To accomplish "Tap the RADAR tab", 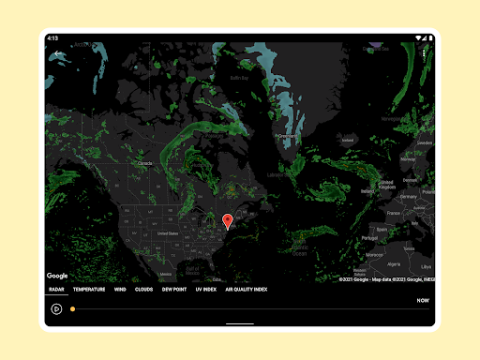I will coord(57,290).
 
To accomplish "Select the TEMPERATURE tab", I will coord(90,290).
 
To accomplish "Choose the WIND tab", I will coord(120,290).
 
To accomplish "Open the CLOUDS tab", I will coord(143,290).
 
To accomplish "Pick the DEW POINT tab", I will coord(173,290).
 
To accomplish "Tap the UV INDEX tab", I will coord(205,290).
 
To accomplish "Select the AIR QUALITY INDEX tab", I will coord(246,290).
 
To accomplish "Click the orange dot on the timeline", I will coord(72,308).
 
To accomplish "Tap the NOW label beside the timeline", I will coord(423,301).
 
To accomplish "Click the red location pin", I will coord(227,221).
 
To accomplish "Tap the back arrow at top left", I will coord(57,54).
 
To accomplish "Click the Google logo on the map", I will coord(57,276).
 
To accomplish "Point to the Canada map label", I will coord(144,162).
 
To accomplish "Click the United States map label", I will coord(167,233).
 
